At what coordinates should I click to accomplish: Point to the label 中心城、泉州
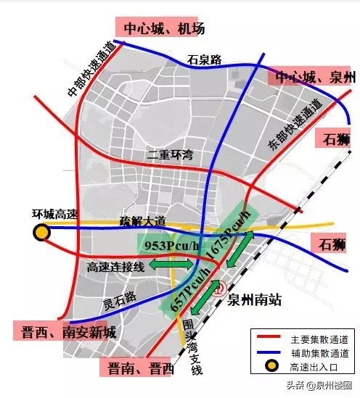pyautogui.click(x=313, y=78)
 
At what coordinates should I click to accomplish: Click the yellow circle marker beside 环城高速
pyautogui.click(x=41, y=232)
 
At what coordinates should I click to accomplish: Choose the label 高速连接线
pyautogui.click(x=115, y=268)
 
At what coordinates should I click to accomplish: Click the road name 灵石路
pyautogui.click(x=119, y=297)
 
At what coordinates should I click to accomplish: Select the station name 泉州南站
pyautogui.click(x=253, y=299)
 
